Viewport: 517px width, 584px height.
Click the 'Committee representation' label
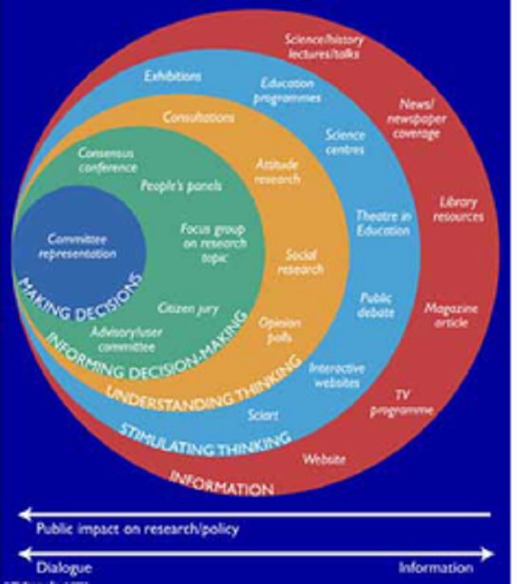coord(81,246)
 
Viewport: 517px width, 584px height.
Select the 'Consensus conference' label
coord(106,161)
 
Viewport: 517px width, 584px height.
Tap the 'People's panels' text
coord(181,186)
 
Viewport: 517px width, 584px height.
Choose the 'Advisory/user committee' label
coord(122,340)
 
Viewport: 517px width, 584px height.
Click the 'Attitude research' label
coord(276,172)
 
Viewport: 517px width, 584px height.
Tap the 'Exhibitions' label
coord(172,77)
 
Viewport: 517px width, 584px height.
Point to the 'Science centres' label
coord(345,142)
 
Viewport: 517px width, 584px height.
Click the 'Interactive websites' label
coord(337,375)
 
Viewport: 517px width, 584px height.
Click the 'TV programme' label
coord(401,402)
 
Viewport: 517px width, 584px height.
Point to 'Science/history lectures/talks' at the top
coord(322,47)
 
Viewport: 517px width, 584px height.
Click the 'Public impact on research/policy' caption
coord(137,530)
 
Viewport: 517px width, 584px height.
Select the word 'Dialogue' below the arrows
coord(64,567)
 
